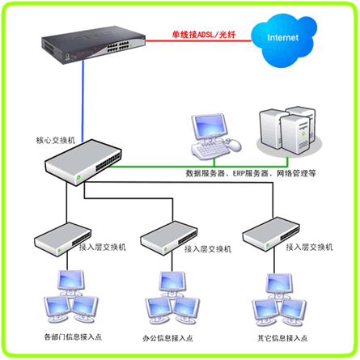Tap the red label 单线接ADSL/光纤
[204, 35]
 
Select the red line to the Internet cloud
[199, 41]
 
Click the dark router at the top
[93, 44]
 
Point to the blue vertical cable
[83, 101]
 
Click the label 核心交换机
[56, 140]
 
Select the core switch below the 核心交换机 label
[83, 163]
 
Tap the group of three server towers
[289, 131]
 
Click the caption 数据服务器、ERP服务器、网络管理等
[251, 173]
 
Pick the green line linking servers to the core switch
[199, 166]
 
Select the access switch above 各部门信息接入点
[63, 239]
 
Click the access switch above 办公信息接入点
[169, 238]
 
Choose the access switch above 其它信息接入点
[271, 235]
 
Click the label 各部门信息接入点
[73, 337]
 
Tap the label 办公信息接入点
[167, 338]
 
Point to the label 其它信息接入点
[282, 338]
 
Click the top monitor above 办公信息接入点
[172, 284]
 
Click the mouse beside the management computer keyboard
[234, 145]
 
